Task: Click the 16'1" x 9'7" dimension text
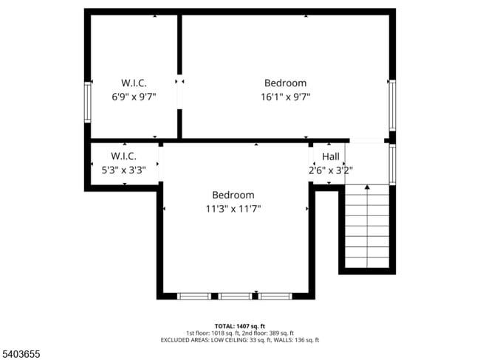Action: pyautogui.click(x=285, y=97)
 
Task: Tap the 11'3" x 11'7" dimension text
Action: pyautogui.click(x=233, y=209)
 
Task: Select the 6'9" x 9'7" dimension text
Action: pyautogui.click(x=134, y=97)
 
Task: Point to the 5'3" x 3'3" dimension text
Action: pyautogui.click(x=123, y=170)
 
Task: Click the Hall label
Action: pyautogui.click(x=331, y=156)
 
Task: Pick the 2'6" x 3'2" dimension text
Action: pyautogui.click(x=331, y=170)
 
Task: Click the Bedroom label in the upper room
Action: pyautogui.click(x=285, y=83)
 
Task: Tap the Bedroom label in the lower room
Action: pyautogui.click(x=233, y=195)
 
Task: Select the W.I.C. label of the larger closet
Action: pyautogui.click(x=134, y=83)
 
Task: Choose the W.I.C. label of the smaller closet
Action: pyautogui.click(x=123, y=156)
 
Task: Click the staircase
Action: pyautogui.click(x=367, y=229)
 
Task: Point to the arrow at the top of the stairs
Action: pyautogui.click(x=367, y=188)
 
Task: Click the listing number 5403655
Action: pyautogui.click(x=21, y=353)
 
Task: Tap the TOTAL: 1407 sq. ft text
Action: pyautogui.click(x=240, y=325)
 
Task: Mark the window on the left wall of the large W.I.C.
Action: pyautogui.click(x=87, y=103)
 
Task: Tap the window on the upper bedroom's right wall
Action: pyautogui.click(x=392, y=101)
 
